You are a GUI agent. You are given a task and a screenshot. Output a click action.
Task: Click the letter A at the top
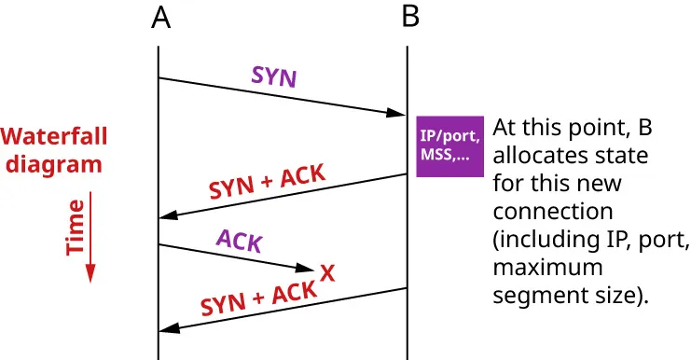(x=159, y=18)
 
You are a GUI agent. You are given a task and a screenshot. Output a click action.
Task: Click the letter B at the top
(x=409, y=18)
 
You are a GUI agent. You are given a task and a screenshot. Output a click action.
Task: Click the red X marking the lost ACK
(x=327, y=272)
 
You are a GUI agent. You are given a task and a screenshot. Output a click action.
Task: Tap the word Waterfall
(x=53, y=137)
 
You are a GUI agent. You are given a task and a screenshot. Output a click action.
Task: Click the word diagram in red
(x=51, y=165)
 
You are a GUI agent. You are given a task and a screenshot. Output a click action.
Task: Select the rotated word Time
(x=76, y=227)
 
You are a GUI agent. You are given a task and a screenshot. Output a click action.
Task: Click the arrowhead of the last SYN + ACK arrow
(x=169, y=329)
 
